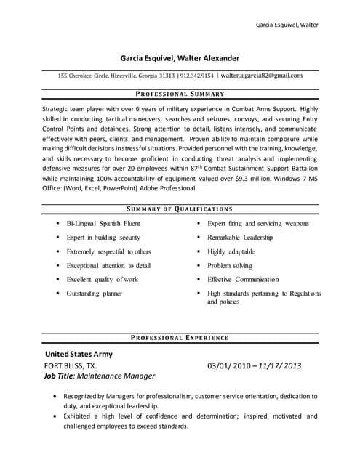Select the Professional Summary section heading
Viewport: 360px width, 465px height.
pos(180,94)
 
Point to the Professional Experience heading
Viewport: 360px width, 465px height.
pos(180,338)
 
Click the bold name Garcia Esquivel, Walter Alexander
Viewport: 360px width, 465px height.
pos(180,58)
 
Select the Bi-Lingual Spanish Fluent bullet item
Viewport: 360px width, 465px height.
pos(103,224)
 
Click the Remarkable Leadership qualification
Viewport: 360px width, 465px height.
pos(240,238)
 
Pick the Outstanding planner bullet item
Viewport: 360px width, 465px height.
pos(94,293)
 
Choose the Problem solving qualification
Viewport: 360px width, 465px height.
pos(230,265)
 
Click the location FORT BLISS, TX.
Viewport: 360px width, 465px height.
pos(71,365)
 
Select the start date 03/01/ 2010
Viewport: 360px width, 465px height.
pos(231,365)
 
